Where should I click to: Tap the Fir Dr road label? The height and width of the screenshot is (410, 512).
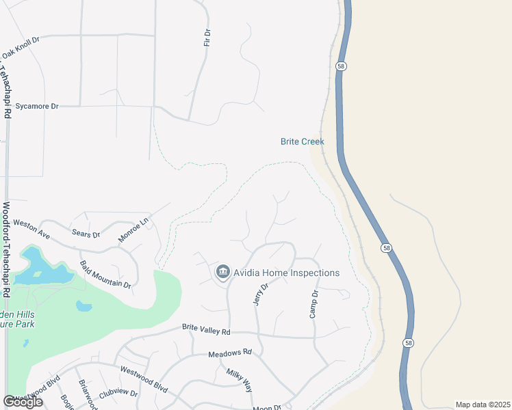pos(207,38)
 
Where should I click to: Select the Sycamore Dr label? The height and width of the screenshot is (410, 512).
pos(37,107)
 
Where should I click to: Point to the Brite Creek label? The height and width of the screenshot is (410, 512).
pos(302,142)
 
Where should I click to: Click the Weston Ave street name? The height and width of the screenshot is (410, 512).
pos(31,229)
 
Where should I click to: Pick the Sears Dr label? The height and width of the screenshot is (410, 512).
pos(86,234)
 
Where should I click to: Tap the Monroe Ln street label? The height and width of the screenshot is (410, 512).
pos(133,230)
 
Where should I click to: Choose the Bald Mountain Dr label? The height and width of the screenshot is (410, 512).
pos(105,274)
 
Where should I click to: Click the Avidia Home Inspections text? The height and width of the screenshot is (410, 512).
pos(286,273)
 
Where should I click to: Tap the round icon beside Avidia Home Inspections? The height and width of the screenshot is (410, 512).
pos(222,273)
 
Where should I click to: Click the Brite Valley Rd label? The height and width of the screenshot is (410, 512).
pos(206,330)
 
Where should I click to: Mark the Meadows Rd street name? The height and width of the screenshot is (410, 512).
pos(230,353)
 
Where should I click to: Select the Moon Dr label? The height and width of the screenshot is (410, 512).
pos(267,407)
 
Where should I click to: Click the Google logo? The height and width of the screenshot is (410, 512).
pos(23,402)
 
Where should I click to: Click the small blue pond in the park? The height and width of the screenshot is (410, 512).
pos(84,305)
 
